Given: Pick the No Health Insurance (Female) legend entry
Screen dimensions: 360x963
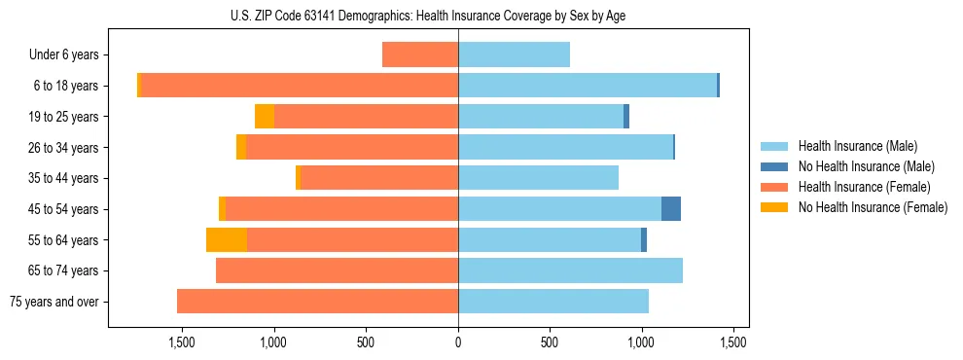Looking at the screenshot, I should (873, 207).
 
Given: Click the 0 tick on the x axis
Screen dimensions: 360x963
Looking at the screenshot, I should (458, 342).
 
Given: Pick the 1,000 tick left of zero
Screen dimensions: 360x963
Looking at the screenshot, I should (273, 342).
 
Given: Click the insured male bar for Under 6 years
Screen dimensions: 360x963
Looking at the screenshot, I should (514, 55).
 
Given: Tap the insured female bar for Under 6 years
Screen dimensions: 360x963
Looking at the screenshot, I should (420, 55).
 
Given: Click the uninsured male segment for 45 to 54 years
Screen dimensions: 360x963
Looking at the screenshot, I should (671, 209).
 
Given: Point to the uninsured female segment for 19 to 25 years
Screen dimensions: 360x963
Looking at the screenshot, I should (264, 117).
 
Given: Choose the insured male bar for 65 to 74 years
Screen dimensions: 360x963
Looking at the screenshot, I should (570, 270).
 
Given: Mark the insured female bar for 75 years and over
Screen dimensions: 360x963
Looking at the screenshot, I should (317, 302).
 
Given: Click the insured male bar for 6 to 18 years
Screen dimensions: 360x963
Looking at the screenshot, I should (588, 86).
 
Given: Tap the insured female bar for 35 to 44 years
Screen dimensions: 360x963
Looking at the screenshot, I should (379, 178).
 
